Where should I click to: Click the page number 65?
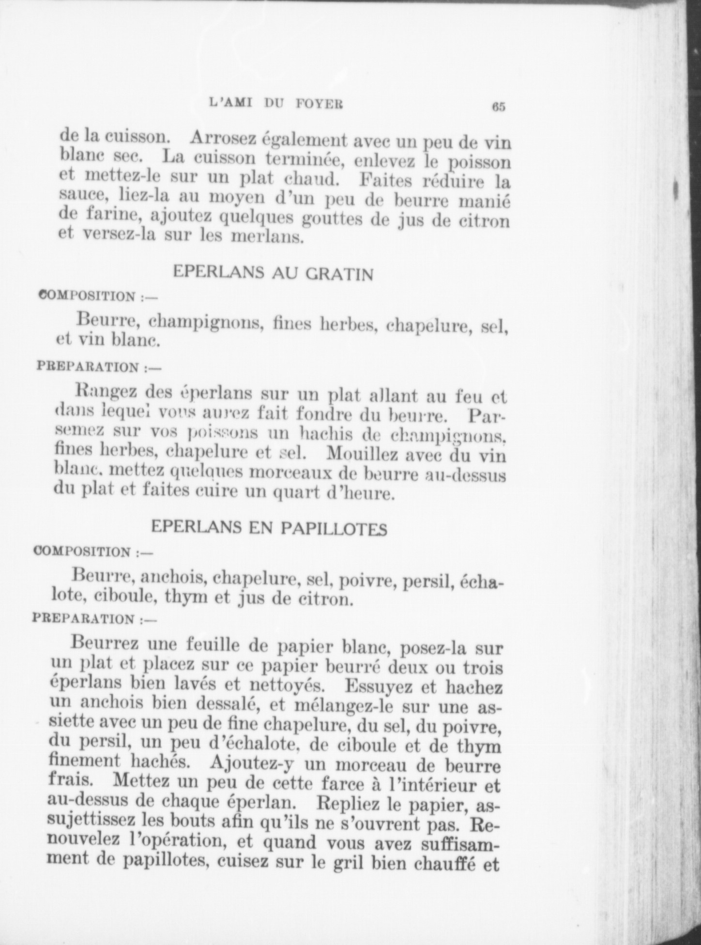click(x=499, y=107)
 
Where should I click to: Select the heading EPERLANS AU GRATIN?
click(x=273, y=273)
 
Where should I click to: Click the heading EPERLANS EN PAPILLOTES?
click(x=269, y=528)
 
